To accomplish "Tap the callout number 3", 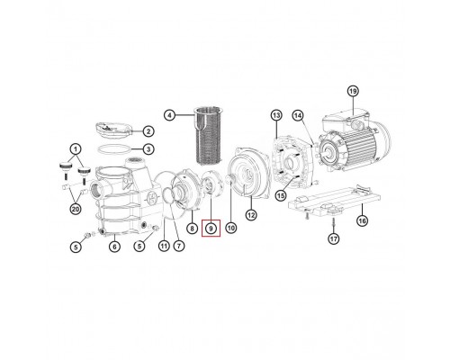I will pos(148,148).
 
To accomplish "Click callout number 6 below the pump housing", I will pos(112,246).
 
